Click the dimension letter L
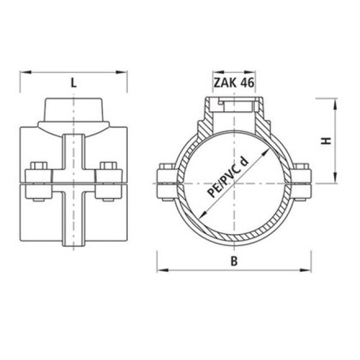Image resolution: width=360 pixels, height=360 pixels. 74,82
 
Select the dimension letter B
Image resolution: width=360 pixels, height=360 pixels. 233,260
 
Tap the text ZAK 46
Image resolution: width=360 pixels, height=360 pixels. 233,83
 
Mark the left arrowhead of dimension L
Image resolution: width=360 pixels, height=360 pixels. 24,72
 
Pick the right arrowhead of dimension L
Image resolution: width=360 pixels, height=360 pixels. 123,72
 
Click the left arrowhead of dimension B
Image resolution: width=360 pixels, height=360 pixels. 160,271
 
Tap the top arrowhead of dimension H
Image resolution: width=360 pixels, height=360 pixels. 336,102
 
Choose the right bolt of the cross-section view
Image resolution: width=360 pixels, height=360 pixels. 302,182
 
